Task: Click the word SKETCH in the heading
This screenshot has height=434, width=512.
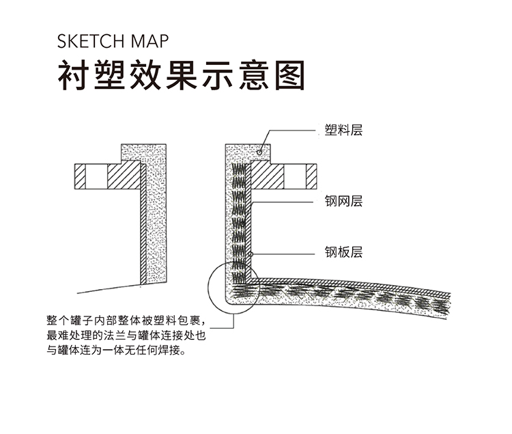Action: click(91, 41)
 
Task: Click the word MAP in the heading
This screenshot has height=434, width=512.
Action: click(150, 41)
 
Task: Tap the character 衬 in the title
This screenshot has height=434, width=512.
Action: click(73, 74)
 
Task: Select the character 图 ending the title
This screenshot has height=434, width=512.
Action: click(290, 74)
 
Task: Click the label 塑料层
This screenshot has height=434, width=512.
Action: click(343, 130)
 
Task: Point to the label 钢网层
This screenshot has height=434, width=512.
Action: click(343, 201)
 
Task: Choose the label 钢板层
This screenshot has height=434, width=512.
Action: click(343, 252)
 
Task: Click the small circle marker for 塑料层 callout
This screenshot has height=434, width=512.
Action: click(259, 152)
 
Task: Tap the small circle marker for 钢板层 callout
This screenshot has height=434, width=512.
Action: click(251, 254)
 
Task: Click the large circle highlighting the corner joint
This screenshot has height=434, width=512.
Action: click(208, 288)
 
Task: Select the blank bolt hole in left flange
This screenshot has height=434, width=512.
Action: click(96, 176)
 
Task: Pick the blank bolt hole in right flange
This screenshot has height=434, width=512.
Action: click(295, 176)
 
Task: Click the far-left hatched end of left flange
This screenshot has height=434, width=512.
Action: click(80, 176)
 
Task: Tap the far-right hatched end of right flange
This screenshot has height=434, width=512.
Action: click(311, 176)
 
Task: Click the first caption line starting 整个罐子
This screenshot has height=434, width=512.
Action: click(126, 321)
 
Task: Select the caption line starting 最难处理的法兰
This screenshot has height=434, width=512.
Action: click(126, 336)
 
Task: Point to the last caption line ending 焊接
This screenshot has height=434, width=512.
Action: click(116, 351)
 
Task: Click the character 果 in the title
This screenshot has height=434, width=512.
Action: click(182, 74)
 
